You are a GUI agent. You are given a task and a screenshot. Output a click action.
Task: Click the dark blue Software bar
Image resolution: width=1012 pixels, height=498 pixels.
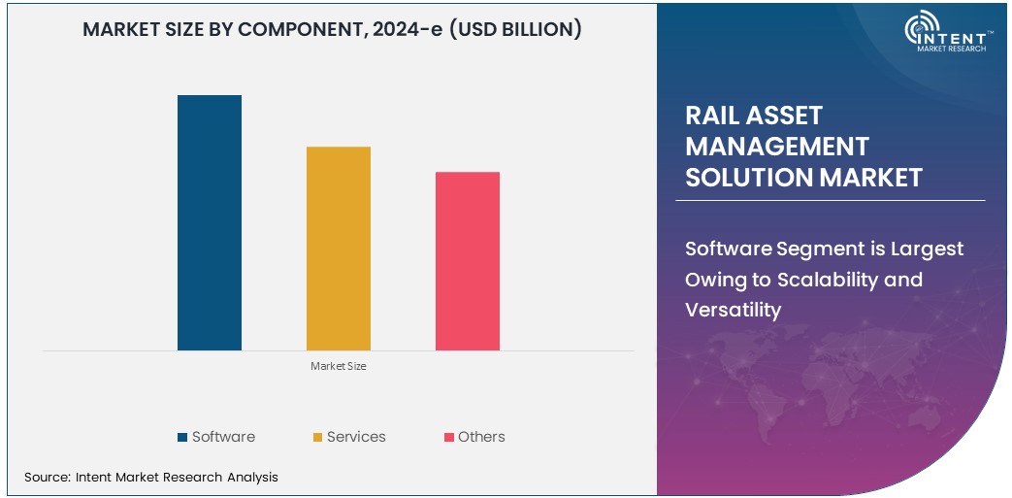point(209,222)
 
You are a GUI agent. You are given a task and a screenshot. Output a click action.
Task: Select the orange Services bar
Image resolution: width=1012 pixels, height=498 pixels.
point(338,248)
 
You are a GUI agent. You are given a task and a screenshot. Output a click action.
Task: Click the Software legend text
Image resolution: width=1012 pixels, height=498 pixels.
point(223,437)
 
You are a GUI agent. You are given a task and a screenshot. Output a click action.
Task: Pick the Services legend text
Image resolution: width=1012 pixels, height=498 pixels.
point(356,437)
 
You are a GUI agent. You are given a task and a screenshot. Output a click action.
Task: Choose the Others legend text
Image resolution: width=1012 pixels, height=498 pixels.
point(481,437)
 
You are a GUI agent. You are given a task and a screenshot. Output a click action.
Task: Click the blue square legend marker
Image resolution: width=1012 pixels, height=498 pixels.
point(182,438)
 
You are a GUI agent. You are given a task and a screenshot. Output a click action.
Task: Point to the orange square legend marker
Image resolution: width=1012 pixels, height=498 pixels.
point(317,438)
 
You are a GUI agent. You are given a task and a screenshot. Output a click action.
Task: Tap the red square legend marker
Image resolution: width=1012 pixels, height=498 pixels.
point(449,438)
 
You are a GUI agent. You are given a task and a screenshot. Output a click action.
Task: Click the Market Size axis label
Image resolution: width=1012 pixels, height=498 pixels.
point(338,366)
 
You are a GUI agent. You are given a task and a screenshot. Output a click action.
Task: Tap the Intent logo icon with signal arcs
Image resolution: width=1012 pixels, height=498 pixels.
point(922,32)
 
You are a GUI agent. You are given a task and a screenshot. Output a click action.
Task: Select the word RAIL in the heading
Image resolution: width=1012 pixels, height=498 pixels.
point(714,116)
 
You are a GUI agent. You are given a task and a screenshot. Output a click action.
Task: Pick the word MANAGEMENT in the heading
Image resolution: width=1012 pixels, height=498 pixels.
point(776,147)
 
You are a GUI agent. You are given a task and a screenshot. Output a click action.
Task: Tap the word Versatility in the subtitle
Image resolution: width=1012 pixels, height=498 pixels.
point(733,310)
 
